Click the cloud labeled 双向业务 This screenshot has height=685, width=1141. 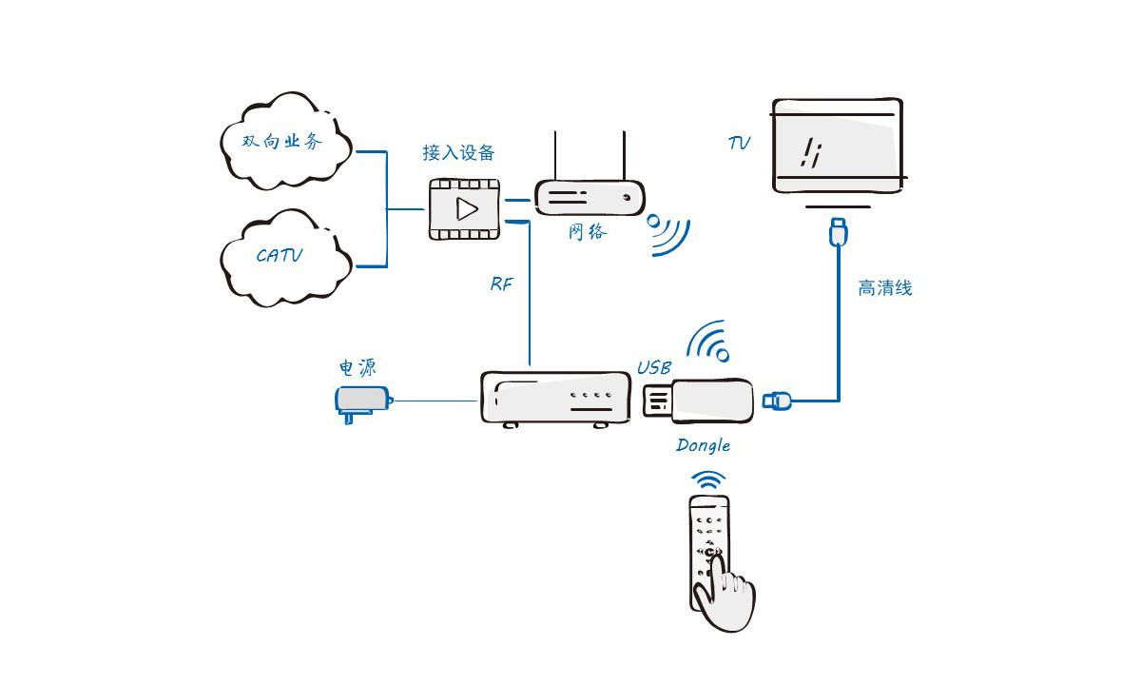pyautogui.click(x=283, y=143)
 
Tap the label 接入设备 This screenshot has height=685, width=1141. pyautogui.click(x=458, y=153)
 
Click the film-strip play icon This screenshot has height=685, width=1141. pyautogui.click(x=465, y=208)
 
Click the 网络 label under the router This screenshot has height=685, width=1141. pyautogui.click(x=587, y=231)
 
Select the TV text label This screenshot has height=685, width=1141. pyautogui.click(x=739, y=144)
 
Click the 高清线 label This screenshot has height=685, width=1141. pyautogui.click(x=885, y=288)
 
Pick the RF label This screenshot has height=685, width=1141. pyautogui.click(x=501, y=284)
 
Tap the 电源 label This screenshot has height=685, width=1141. pyautogui.click(x=363, y=368)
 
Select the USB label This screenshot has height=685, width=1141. pyautogui.click(x=654, y=367)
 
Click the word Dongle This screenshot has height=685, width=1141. pyautogui.click(x=704, y=444)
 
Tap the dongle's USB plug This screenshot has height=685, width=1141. pyautogui.click(x=659, y=401)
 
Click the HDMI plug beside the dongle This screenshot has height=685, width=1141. pyautogui.click(x=778, y=401)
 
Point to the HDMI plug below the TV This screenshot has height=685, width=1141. pyautogui.click(x=838, y=231)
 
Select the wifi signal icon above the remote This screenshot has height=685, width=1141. pyautogui.click(x=707, y=479)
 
